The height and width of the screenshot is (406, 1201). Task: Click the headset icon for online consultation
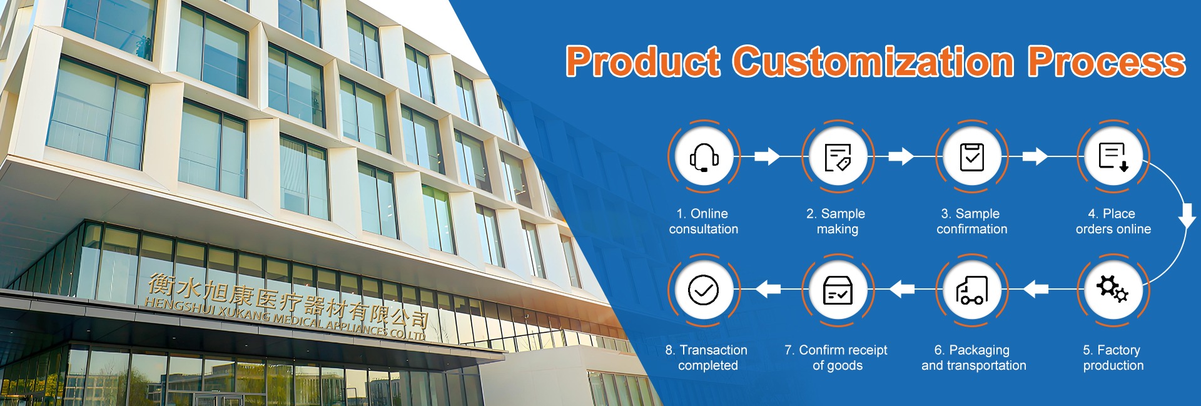704,157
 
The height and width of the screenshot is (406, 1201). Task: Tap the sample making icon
838,157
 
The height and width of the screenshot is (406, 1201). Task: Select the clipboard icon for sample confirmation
972,156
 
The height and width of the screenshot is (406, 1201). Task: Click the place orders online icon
1113,156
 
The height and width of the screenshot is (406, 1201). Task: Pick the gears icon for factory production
1112,289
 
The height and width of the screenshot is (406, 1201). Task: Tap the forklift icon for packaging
972,290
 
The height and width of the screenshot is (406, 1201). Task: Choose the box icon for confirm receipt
838,290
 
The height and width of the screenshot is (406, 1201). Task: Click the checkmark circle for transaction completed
704,290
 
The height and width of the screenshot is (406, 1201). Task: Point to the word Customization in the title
873,61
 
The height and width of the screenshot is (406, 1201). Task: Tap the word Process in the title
1106,62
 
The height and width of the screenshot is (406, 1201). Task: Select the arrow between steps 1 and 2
767,156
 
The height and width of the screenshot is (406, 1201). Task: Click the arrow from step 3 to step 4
1035,156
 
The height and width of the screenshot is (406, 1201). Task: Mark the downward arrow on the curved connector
1187,215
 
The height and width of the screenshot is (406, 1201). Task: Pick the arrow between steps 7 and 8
768,289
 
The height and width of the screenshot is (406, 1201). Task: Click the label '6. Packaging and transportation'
973,358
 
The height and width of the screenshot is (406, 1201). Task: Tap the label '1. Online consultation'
704,221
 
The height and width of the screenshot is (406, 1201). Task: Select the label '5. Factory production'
1113,358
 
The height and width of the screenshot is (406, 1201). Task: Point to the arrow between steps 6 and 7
902,289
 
